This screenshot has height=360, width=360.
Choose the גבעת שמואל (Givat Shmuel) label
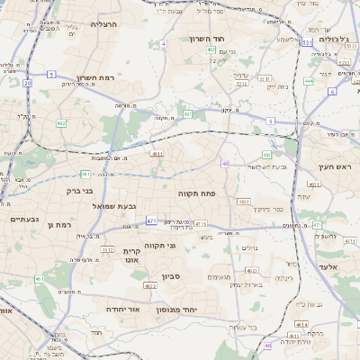(x=114, y=206)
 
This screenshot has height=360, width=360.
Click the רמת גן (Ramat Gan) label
(x=58, y=224)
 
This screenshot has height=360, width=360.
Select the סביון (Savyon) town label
(x=172, y=276)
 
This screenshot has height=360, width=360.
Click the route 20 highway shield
(x=28, y=83)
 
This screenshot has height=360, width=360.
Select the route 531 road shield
(x=307, y=42)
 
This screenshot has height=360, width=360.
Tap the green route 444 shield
(x=309, y=81)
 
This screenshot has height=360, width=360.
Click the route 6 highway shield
(x=332, y=91)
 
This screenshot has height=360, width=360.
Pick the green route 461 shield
(x=40, y=280)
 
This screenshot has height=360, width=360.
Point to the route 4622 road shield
(x=150, y=285)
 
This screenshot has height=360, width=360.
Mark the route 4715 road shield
(x=199, y=223)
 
